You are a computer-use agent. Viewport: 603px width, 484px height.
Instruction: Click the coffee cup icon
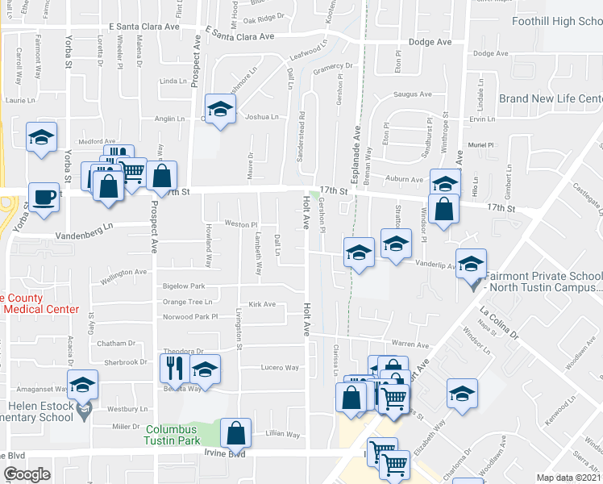coord(44,197)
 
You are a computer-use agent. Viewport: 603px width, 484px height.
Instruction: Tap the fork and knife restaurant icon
coord(173,368)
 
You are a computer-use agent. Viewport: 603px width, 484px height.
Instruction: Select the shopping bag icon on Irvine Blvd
coord(235,433)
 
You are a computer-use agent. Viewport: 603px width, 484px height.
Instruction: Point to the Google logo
coord(27,474)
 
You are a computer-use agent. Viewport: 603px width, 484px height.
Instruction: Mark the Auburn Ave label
coord(404,179)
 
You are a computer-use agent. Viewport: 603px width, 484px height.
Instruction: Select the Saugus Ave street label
coord(414,95)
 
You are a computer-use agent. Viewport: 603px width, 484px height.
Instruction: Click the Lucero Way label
coord(280,368)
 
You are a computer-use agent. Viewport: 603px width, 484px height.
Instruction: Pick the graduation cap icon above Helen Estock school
coord(82,385)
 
